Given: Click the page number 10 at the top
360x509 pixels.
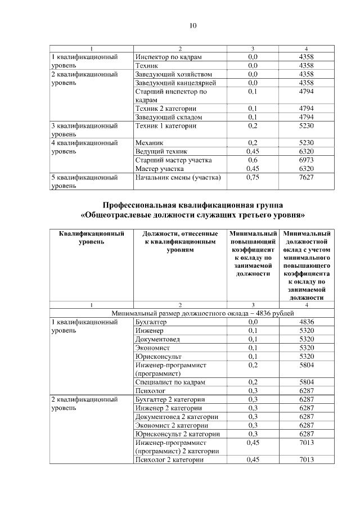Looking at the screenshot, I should point(192,25).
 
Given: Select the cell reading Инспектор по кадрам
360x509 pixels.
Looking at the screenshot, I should point(168,57).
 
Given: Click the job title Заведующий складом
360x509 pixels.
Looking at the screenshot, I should point(169,117).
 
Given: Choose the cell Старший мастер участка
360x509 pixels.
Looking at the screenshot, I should point(173,160).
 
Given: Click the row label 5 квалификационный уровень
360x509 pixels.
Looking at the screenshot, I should point(84,182).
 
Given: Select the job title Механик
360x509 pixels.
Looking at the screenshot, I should point(150,143).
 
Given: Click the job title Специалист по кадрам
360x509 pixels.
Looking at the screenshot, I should point(170,382).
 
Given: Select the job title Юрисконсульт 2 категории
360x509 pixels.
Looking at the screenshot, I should point(177,434).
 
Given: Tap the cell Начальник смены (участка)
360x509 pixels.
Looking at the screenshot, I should point(178,178).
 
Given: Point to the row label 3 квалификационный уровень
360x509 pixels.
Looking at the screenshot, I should point(84,130).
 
